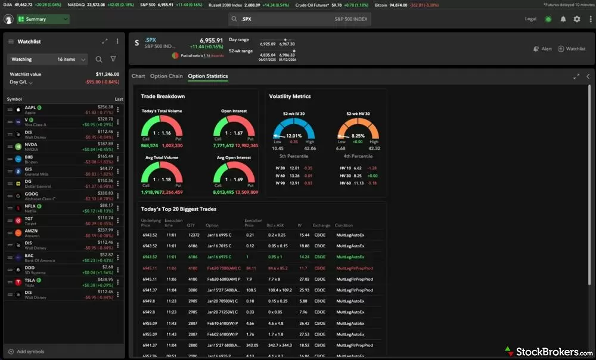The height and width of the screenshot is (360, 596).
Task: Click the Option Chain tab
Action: coord(166,76)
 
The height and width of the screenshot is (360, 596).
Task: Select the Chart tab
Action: coord(138,76)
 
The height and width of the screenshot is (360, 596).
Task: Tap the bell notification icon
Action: coord(563,19)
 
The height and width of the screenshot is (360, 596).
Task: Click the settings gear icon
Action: coord(576,19)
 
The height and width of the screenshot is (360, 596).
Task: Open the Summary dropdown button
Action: coord(43,19)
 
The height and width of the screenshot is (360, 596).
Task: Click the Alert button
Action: coord(542,49)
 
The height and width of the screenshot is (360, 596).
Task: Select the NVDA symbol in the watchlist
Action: coord(31,144)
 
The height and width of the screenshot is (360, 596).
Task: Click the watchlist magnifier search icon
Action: coord(99,60)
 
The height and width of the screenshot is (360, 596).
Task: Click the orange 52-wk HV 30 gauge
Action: coord(358,129)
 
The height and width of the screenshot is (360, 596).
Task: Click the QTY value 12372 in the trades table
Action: coord(193,235)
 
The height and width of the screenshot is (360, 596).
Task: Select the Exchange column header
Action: coord(322,225)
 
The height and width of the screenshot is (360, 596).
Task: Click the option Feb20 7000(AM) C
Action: coord(223,268)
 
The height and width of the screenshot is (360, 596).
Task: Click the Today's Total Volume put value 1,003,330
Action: coord(172,145)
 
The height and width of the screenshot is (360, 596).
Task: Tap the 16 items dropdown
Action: coord(72,60)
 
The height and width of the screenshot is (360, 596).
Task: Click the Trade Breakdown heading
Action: coord(163,96)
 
